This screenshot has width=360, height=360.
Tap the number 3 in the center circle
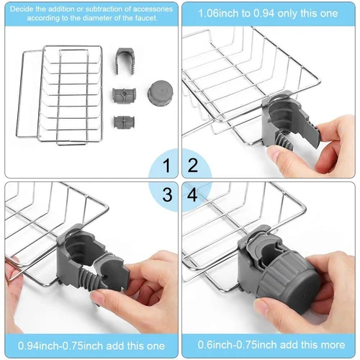[x=167, y=194]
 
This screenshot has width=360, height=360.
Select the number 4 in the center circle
[x=192, y=194]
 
